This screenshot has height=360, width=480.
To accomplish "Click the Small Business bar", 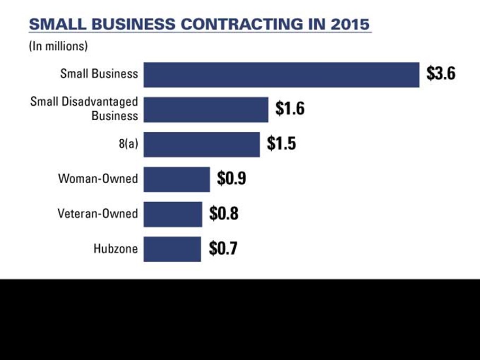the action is tap(281, 75).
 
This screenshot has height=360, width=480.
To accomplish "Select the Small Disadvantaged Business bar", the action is tap(206, 110).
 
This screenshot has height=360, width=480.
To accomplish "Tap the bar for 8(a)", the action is tap(202, 145).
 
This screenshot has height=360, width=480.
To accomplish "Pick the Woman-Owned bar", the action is tap(176, 179).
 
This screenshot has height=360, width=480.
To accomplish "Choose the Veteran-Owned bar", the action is tap(173, 214).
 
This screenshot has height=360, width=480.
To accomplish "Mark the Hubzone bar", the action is tap(172, 249).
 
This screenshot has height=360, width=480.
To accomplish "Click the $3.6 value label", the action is tap(441, 74).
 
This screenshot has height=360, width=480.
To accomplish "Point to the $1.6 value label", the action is tap(290, 109).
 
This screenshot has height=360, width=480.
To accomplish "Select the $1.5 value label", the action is tap(281, 143).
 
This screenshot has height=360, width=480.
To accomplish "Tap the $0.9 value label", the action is tap(232, 178).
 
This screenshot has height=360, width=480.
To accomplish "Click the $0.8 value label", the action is tap(224, 213).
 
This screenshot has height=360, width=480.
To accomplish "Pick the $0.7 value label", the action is tap(223, 248).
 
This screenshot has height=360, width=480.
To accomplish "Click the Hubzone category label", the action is tap(115, 248).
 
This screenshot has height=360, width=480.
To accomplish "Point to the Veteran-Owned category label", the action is tap(98, 213).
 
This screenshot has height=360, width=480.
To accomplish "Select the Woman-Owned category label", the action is tap(98, 178).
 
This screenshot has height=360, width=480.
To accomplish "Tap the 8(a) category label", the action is tap(129, 143).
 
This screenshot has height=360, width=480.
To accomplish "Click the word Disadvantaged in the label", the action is tap(100, 102).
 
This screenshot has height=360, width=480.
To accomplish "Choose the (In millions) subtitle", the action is tap(58, 46).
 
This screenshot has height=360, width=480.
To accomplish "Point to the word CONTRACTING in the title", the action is tap(242, 24).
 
